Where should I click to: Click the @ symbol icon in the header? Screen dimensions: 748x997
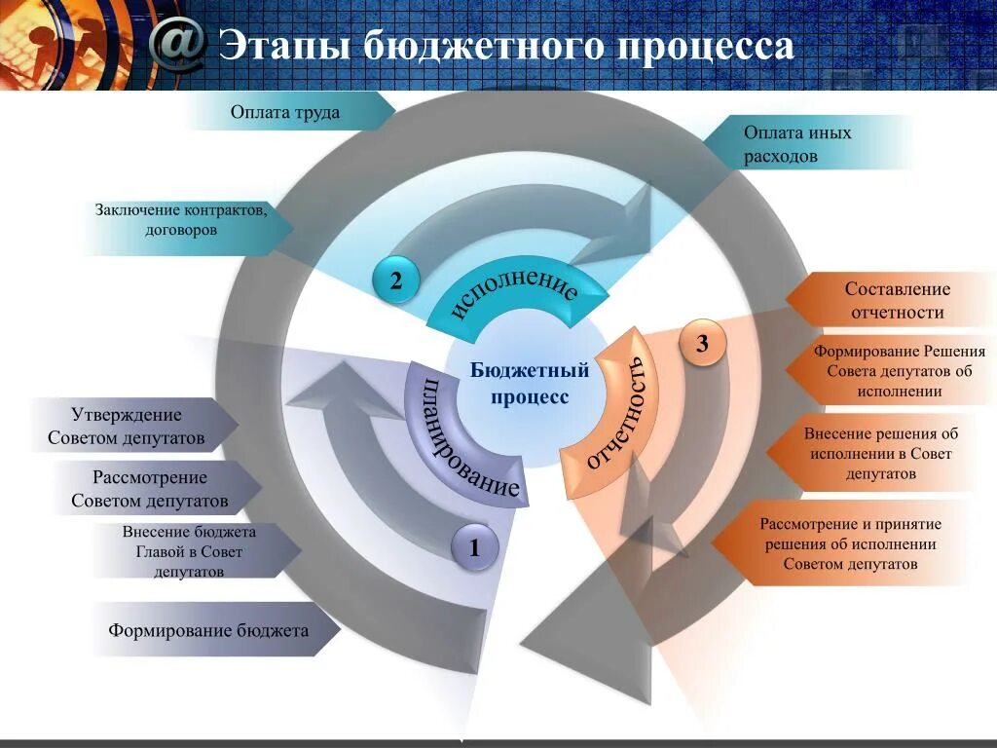(x=179, y=43)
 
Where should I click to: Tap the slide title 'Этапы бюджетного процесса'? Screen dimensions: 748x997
(x=506, y=46)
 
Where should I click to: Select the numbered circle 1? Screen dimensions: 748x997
(x=475, y=548)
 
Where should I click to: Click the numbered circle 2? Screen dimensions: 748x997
(x=396, y=281)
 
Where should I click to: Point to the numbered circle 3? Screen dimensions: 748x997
(x=702, y=344)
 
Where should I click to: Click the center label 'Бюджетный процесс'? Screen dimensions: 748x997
(x=530, y=384)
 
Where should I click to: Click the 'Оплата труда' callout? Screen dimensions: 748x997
(x=285, y=113)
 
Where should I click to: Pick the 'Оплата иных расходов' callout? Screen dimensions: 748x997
(x=797, y=144)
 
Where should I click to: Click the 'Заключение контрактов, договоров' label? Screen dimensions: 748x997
(x=180, y=220)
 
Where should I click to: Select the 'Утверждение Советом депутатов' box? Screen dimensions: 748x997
(x=127, y=426)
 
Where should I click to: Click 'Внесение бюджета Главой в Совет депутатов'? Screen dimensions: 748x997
(x=189, y=551)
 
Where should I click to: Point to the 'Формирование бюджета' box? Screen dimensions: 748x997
(x=208, y=630)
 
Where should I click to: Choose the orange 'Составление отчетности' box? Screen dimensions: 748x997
(x=897, y=301)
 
